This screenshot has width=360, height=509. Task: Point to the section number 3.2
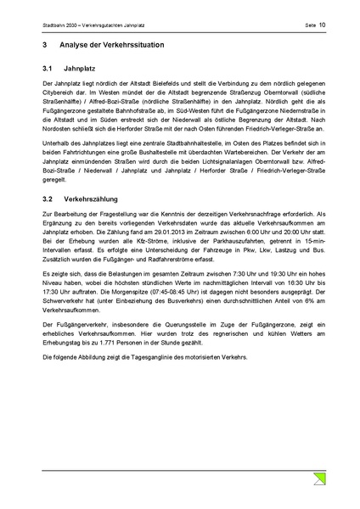click(x=47, y=198)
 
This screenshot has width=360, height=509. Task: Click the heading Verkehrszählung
click(x=93, y=198)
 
